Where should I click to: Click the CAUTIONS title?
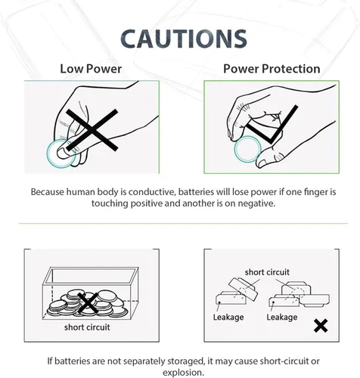(184, 39)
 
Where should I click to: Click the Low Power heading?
(91, 69)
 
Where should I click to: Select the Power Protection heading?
(272, 69)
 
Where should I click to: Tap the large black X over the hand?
(92, 130)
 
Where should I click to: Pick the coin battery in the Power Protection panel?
(247, 149)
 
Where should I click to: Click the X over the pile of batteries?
(88, 303)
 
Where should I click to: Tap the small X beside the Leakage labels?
(321, 326)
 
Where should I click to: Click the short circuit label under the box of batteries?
(87, 327)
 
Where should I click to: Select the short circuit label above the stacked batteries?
(267, 272)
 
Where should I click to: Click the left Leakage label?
(228, 317)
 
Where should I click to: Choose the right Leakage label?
(282, 317)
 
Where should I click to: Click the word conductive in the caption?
(151, 192)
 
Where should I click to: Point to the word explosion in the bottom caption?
(183, 373)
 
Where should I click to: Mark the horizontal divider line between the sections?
(183, 223)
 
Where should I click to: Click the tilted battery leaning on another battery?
(244, 290)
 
